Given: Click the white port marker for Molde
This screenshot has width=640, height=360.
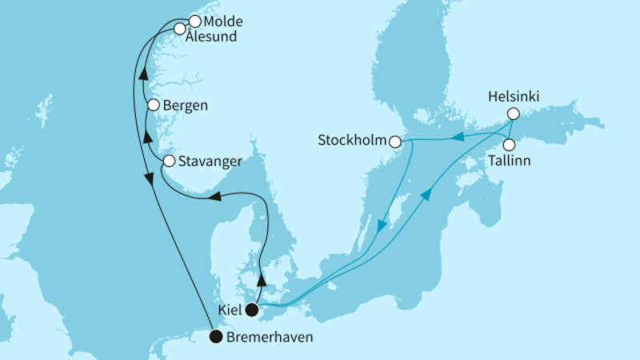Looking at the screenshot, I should click(x=194, y=22).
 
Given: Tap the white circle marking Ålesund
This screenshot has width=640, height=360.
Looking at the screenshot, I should click(x=181, y=29).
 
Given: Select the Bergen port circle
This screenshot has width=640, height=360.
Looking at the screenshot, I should click(x=153, y=105).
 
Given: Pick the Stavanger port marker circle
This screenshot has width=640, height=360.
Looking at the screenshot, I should click(x=169, y=161).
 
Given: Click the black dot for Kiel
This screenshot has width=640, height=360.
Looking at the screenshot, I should click(x=252, y=310).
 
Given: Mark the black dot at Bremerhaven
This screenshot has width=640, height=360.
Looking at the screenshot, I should click(x=215, y=337).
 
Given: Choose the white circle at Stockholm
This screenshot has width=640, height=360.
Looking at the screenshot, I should click(x=395, y=142).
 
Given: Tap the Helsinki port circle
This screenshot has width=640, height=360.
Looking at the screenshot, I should click(x=514, y=114).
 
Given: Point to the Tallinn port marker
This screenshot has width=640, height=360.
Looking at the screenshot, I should click(x=509, y=145).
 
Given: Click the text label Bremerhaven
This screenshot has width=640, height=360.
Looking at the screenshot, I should click(x=269, y=338).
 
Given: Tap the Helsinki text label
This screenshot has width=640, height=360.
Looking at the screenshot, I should click(x=514, y=97).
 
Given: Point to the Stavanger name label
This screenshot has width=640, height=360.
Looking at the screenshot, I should click(x=210, y=162).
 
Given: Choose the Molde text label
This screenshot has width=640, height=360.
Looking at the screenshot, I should click(x=223, y=22).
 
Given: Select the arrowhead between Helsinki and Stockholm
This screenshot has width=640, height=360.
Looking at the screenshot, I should click(x=461, y=138).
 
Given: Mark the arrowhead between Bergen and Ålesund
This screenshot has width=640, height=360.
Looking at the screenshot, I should click(x=142, y=74).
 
